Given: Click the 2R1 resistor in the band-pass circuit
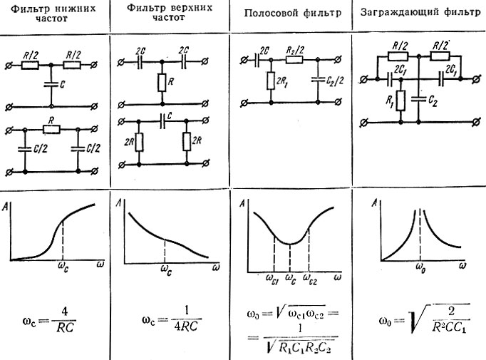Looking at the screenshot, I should (271, 83).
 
